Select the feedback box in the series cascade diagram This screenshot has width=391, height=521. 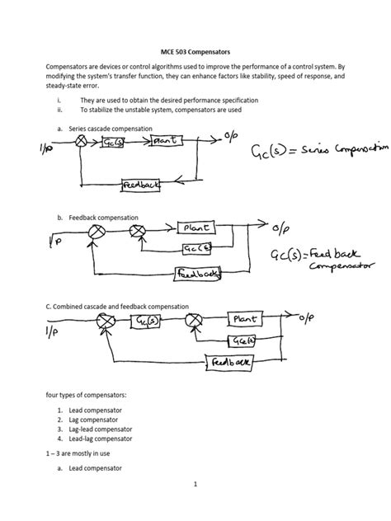[x=141, y=185]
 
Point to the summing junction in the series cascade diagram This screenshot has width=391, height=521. [x=82, y=142]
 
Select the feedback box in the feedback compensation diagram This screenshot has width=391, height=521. [x=195, y=272]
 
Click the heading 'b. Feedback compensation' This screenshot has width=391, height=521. [x=97, y=218]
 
